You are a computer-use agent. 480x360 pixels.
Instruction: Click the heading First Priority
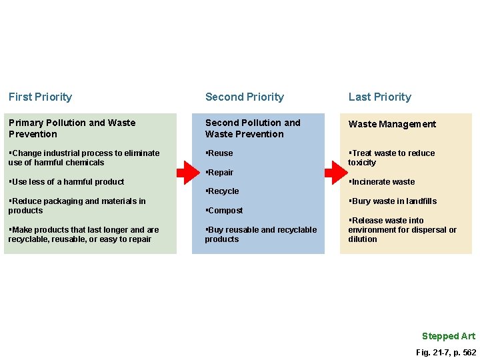[x=40, y=97]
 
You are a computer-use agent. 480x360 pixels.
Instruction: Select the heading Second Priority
[x=244, y=97]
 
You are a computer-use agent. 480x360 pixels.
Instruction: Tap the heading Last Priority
[x=379, y=97]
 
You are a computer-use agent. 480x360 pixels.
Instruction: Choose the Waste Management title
[x=392, y=124]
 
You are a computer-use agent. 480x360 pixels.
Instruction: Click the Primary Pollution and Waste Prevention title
[x=71, y=128]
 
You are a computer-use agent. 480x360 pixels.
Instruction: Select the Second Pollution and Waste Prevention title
[x=253, y=128]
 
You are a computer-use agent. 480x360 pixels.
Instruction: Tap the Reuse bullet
[x=220, y=153]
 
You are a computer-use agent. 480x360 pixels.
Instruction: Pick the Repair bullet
[x=220, y=173]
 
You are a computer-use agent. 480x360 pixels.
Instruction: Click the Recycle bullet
[x=223, y=191]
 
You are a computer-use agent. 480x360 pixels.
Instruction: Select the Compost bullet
[x=225, y=211]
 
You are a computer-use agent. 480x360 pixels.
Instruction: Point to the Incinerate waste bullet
[x=382, y=182]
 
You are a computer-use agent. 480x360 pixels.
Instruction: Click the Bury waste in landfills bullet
[x=393, y=201]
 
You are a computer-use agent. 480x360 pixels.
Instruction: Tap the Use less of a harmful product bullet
[x=67, y=182]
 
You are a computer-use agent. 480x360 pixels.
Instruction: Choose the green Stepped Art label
[x=449, y=336]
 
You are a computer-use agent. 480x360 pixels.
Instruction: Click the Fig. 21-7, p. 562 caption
[x=445, y=352]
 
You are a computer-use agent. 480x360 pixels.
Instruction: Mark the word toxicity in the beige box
[x=362, y=163]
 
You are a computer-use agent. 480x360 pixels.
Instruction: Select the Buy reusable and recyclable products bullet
[x=261, y=235]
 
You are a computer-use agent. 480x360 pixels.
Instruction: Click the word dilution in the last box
[x=363, y=239]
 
